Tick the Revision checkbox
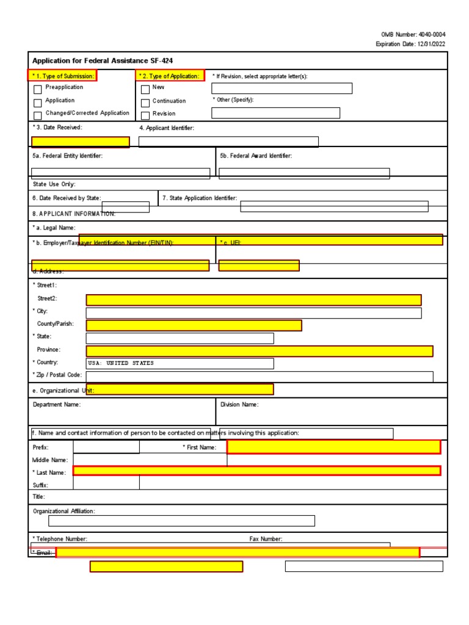click(x=145, y=115)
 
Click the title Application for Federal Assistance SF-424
click(x=106, y=61)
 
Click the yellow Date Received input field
click(x=80, y=142)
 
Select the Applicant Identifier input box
click(x=228, y=142)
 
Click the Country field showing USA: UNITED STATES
click(x=180, y=363)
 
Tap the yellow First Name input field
click(x=333, y=447)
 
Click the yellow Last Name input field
click(x=256, y=471)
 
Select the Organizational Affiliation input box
click(x=181, y=521)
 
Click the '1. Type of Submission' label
click(x=63, y=76)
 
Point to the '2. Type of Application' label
click(x=170, y=76)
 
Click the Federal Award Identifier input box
click(x=304, y=173)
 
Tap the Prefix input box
click(x=106, y=447)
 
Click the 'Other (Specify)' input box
click(x=276, y=113)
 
